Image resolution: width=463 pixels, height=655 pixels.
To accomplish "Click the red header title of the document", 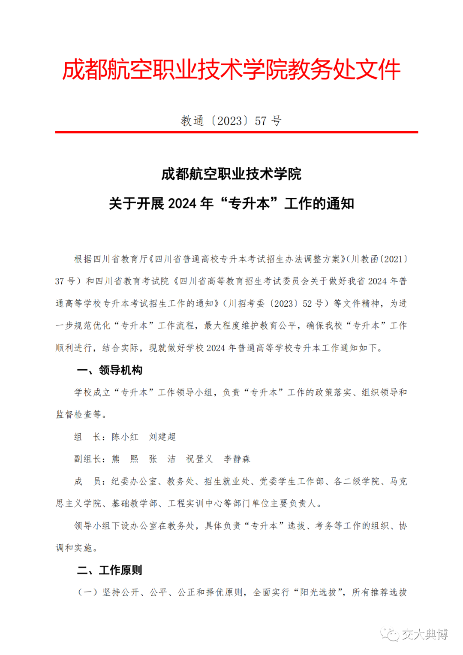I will tap(231, 69).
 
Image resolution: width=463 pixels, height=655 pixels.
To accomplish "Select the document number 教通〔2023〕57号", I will tap(231, 121).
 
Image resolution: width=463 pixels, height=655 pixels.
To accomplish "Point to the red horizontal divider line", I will tap(237, 132).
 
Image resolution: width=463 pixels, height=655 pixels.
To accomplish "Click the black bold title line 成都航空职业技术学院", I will tap(231, 174).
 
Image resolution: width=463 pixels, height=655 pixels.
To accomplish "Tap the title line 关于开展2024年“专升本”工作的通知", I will tap(231, 203).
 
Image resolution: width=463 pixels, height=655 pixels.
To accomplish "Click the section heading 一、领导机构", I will tap(110, 370).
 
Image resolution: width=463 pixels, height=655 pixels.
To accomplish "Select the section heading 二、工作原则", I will tap(110, 570).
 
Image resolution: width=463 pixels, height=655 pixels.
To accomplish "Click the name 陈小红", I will tap(125, 437).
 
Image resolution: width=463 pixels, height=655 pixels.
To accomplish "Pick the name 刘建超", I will tap(162, 437).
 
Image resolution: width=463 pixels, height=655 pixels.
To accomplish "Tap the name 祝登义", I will tap(200, 459).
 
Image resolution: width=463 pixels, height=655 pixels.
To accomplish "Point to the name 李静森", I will tap(237, 459).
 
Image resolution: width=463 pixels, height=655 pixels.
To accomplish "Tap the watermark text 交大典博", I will tap(425, 634).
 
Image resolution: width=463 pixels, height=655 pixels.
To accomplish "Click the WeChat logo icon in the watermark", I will tap(390, 634).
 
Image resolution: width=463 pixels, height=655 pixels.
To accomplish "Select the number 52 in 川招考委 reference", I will tap(307, 304).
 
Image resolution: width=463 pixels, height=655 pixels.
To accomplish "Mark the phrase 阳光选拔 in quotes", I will tap(318, 592).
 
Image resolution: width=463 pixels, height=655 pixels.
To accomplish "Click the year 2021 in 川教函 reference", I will tap(393, 259).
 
